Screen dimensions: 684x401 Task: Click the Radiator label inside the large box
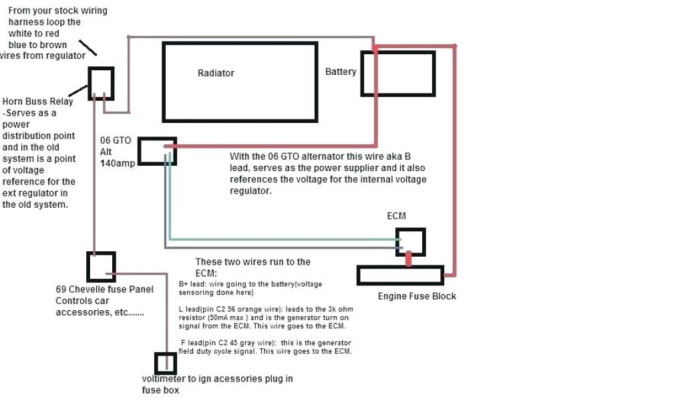tap(216, 73)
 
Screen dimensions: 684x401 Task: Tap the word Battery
tap(341, 72)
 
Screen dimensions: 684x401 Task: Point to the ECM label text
tap(396, 217)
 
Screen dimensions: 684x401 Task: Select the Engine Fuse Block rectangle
tap(400, 275)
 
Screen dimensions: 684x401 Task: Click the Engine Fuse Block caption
tap(417, 296)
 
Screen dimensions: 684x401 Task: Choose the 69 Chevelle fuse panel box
tap(101, 267)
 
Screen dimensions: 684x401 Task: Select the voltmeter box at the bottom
tap(166, 364)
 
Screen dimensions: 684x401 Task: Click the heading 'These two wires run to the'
tap(252, 261)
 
